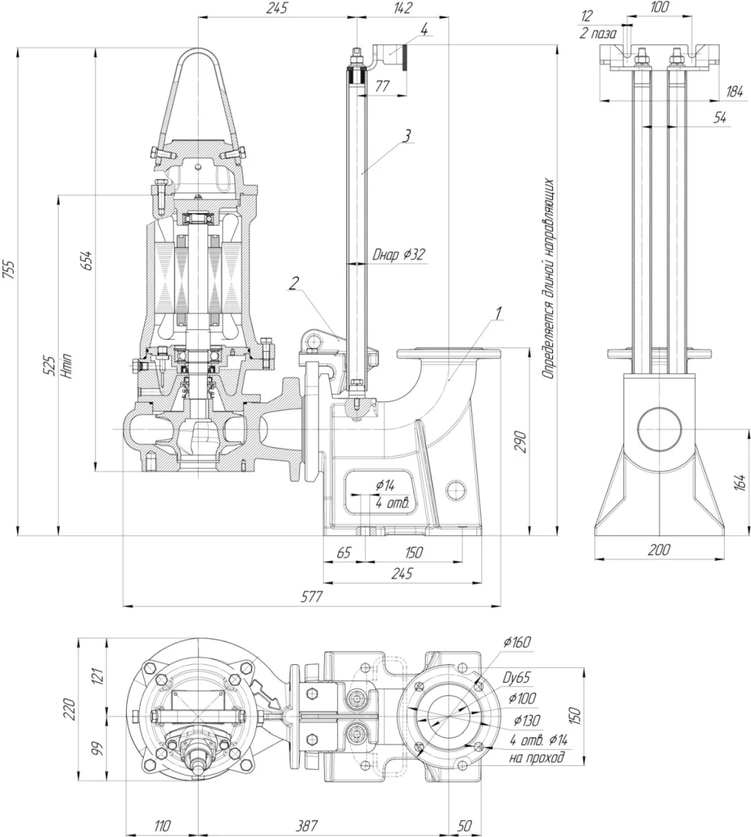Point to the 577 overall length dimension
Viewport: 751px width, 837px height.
click(312, 596)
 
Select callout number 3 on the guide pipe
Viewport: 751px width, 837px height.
click(407, 136)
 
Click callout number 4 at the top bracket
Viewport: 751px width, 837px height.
click(424, 29)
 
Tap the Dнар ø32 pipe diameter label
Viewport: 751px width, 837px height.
click(399, 255)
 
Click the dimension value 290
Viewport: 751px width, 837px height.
click(519, 442)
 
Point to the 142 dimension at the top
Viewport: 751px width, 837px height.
click(403, 8)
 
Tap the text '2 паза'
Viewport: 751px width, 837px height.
click(598, 33)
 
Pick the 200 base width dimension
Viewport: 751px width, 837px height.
click(659, 550)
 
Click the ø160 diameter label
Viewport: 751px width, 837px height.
click(517, 642)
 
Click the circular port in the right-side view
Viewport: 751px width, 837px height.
click(659, 430)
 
